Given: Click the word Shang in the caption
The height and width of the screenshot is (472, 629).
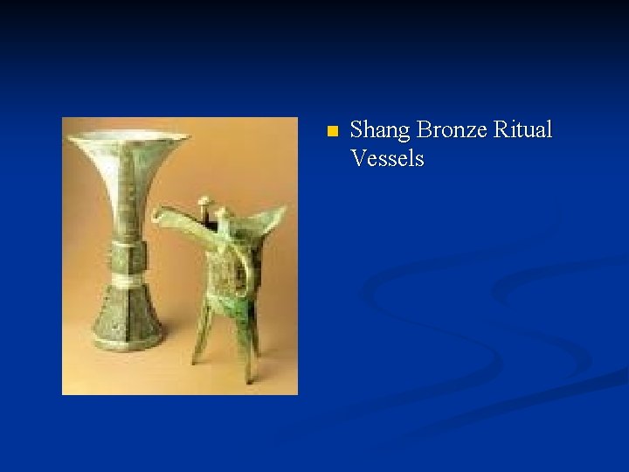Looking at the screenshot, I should [x=380, y=131].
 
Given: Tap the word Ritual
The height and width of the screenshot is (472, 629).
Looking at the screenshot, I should [x=523, y=131].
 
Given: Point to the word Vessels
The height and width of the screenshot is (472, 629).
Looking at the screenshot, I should [x=387, y=159].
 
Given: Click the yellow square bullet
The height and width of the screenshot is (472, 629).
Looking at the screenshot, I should [x=330, y=132].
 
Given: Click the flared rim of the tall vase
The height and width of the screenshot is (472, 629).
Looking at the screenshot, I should [x=128, y=139].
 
